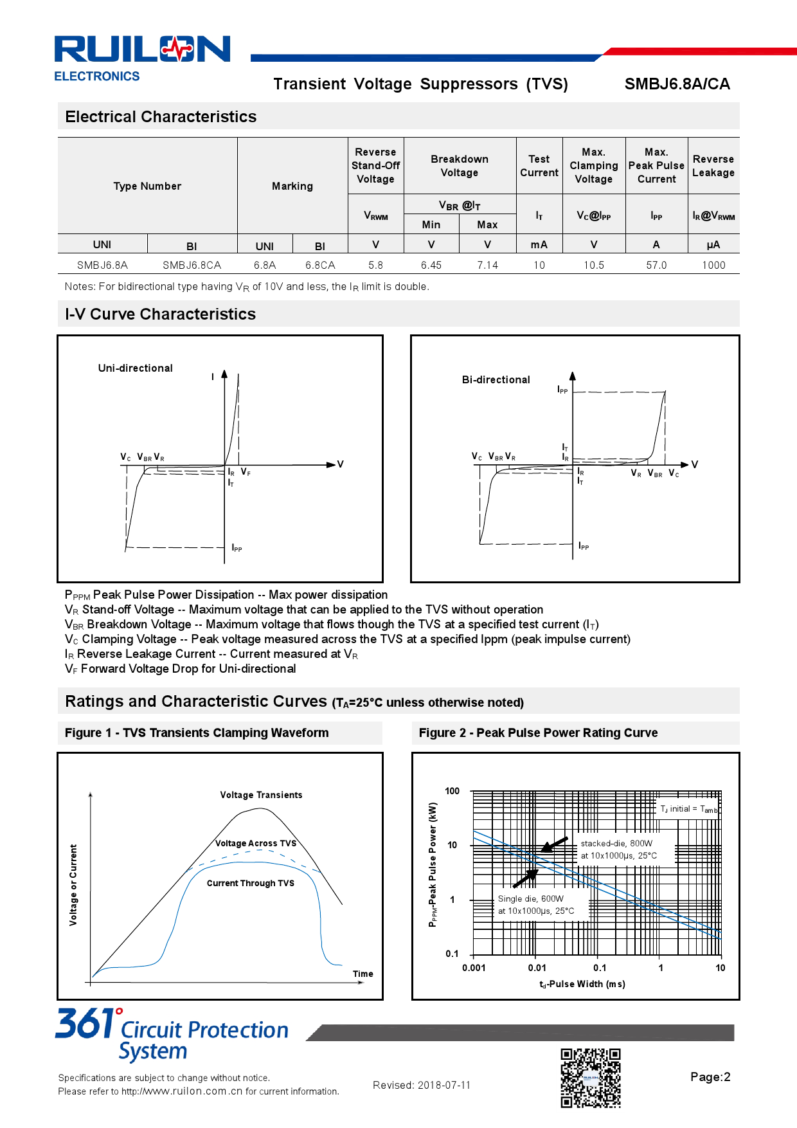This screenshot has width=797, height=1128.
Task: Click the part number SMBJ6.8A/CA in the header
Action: coord(677,84)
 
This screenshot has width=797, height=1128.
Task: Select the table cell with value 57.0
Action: coord(656,265)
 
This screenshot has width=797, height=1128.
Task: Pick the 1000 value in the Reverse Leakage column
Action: coord(713,265)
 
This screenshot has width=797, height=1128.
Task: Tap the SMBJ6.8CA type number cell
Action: coord(192,265)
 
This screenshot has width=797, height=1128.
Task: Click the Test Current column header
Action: coord(539,166)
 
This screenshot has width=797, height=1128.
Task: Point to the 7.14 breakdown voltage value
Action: coord(487,265)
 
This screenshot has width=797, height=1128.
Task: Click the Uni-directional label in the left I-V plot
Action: coord(135,368)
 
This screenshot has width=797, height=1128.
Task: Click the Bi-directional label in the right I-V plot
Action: coord(496,379)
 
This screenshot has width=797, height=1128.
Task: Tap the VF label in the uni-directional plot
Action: coord(246,472)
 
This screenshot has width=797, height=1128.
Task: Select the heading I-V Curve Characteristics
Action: coord(160,314)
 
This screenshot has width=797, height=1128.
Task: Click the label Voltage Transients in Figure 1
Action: coord(261,795)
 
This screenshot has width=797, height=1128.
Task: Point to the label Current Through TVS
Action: coord(250,883)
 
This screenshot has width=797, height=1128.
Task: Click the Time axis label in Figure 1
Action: coord(363,974)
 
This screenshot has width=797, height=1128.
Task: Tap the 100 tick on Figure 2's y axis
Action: coord(452,791)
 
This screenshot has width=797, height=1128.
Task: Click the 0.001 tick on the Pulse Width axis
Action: coord(474,968)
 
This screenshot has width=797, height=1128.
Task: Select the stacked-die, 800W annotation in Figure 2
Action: coord(616,843)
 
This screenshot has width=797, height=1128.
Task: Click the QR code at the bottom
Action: coord(590,1078)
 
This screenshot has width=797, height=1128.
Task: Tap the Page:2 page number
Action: coord(710,1077)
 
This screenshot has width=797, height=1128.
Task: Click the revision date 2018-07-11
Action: coord(443,1085)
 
